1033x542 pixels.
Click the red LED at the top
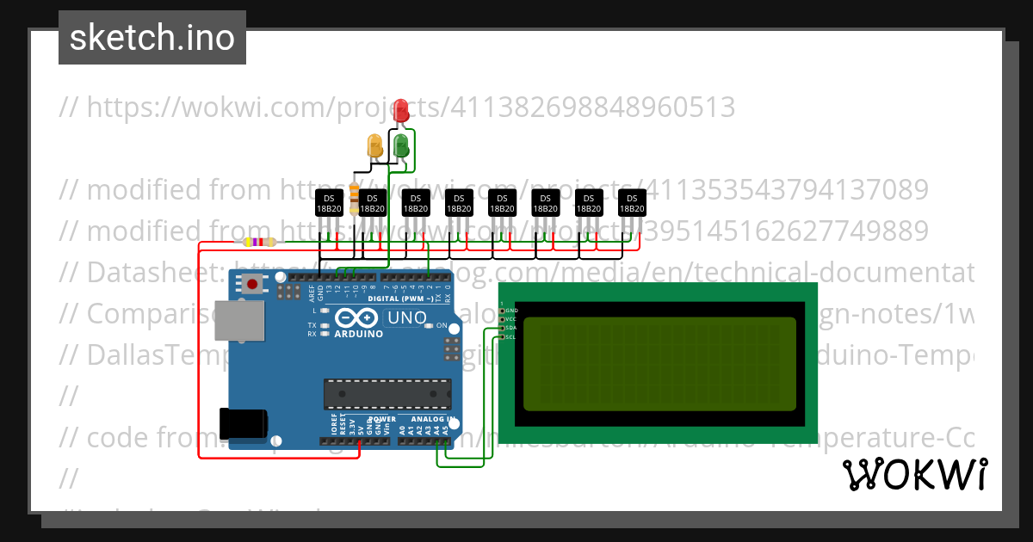click(400, 110)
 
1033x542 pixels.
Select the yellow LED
click(374, 145)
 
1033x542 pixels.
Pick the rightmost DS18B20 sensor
click(631, 203)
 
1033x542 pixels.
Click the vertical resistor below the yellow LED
click(355, 194)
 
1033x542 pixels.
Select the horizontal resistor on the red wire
click(259, 243)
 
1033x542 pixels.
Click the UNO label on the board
click(406, 317)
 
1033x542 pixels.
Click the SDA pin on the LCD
click(503, 328)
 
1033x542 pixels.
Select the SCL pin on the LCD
click(503, 336)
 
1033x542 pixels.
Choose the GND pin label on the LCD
click(511, 310)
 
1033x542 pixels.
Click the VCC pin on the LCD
click(503, 318)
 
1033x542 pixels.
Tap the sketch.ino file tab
click(152, 38)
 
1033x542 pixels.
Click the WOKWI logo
click(914, 474)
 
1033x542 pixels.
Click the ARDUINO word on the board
click(357, 334)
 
